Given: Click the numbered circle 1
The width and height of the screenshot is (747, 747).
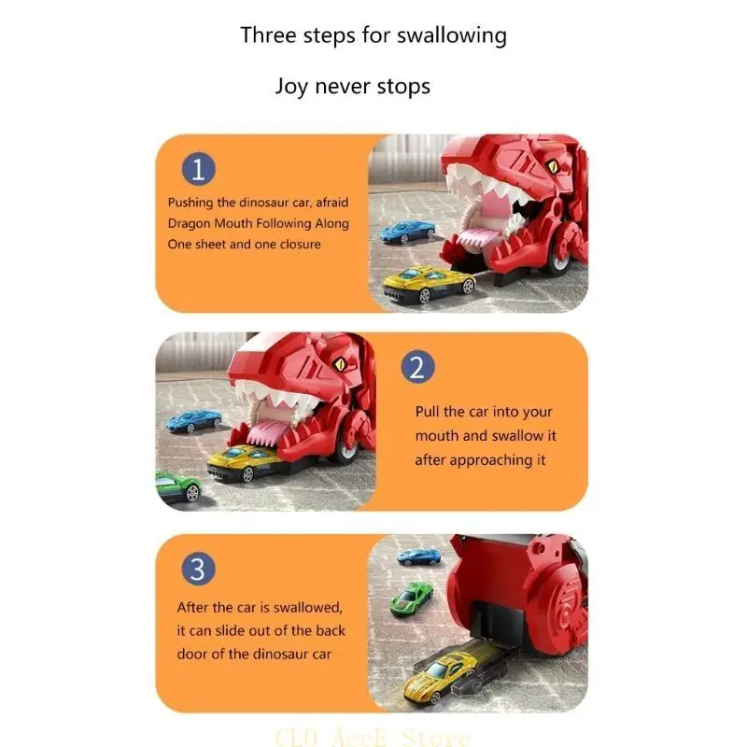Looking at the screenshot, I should pyautogui.click(x=198, y=169).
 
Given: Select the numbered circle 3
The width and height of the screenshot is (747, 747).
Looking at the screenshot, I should pyautogui.click(x=198, y=568).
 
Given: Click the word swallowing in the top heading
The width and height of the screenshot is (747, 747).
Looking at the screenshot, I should pyautogui.click(x=452, y=35).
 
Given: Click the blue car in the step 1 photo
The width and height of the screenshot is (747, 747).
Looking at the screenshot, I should pyautogui.click(x=409, y=230).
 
